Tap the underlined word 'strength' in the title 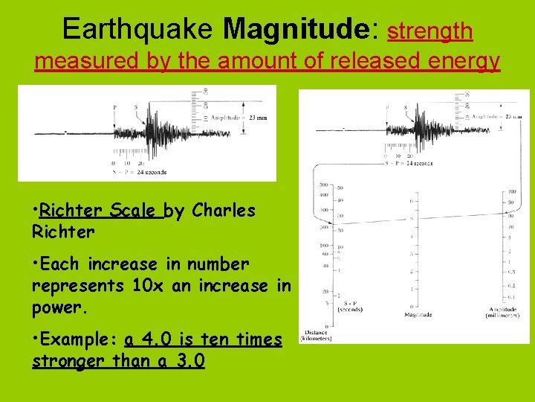[430, 31]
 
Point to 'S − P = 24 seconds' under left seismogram [140, 173]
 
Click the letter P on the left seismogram [114, 107]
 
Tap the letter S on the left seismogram [135, 107]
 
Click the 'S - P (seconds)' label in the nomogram [349, 305]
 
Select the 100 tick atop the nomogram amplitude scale [512, 191]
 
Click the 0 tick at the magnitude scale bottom [410, 307]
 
